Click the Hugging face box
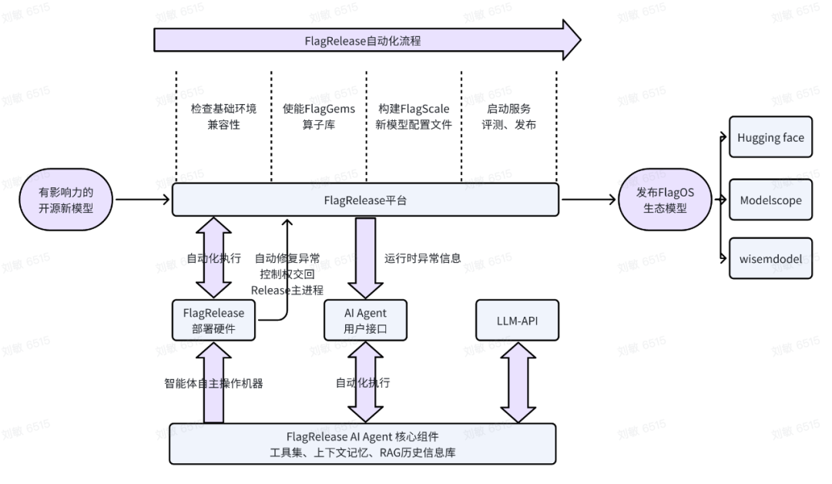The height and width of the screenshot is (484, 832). click(770, 138)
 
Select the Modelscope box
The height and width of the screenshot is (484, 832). click(770, 200)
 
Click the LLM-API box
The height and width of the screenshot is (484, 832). click(516, 320)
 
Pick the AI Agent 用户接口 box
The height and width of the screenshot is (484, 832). click(364, 320)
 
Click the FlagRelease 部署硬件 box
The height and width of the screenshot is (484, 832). click(213, 320)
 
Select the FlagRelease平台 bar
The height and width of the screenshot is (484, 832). click(364, 200)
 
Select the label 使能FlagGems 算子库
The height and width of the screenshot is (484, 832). click(319, 116)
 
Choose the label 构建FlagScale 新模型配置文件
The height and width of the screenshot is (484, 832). click(414, 116)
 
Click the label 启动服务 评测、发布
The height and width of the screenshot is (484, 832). click(509, 116)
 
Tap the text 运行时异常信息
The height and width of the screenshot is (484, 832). click(422, 258)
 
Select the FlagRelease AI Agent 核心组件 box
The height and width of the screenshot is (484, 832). click(362, 444)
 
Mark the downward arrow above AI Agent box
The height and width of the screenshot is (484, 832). click(364, 257)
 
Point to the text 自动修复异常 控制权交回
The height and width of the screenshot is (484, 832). click(289, 266)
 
